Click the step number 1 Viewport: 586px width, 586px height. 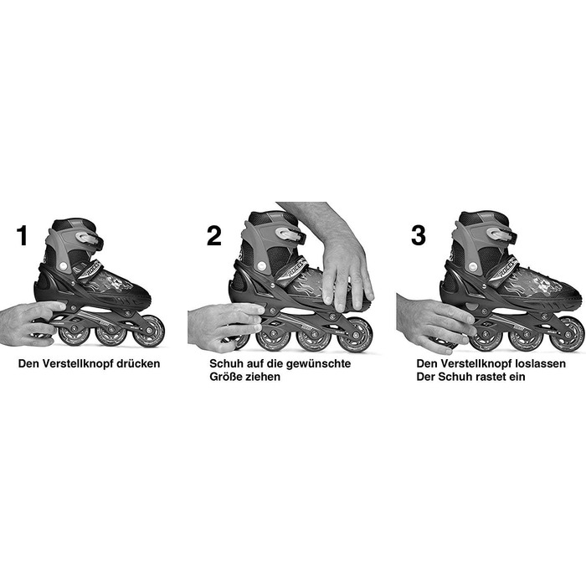point(23,235)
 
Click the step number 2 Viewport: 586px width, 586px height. point(214,235)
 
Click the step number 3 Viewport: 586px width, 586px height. point(419,235)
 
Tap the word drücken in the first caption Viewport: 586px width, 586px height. point(138,363)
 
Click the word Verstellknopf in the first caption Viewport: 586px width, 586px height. point(77,363)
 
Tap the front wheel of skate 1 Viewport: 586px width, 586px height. point(148,332)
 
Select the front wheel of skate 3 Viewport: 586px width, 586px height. point(568,334)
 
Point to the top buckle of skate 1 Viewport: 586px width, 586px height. point(88,238)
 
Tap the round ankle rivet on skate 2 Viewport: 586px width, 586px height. point(262,266)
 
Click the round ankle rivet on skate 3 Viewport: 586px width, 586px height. point(474,266)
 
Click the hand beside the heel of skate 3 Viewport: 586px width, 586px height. point(434,322)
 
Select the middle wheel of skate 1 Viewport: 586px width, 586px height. point(111,332)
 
